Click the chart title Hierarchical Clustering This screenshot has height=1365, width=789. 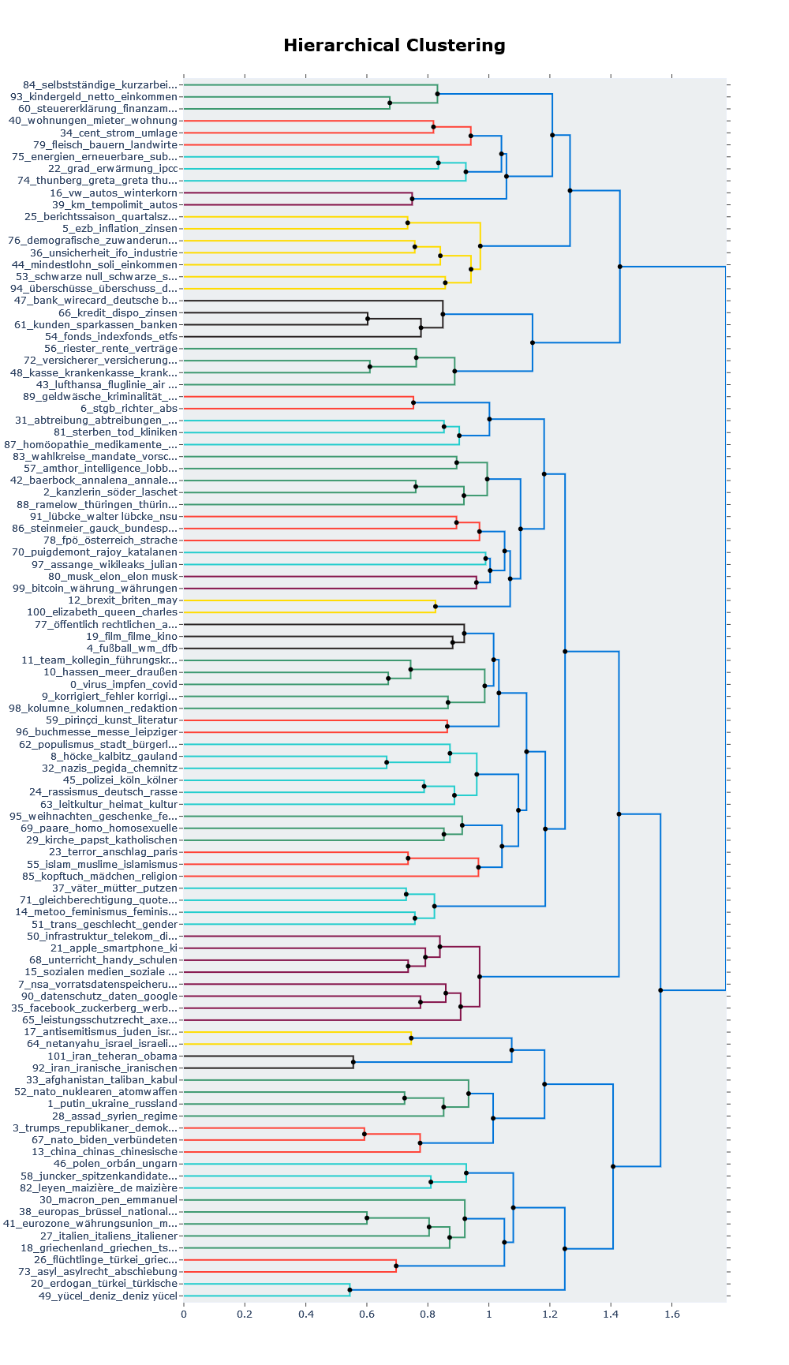pos(394,46)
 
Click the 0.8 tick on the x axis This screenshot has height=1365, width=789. pos(428,1315)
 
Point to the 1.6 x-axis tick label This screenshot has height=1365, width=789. pos(671,1315)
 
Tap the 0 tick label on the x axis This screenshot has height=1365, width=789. pos(184,1315)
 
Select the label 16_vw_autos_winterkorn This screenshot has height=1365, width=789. pos(114,193)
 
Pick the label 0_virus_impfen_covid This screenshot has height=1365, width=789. pos(124,684)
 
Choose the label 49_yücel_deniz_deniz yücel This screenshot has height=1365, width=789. pos(108,1296)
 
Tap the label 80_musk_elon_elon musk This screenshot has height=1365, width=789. pos(113,576)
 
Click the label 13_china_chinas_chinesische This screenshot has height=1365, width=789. pos(104,1152)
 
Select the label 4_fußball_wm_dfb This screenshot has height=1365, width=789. pos(132,649)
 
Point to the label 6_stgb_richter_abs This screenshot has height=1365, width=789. pos(129,409)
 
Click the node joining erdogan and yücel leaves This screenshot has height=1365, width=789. pos(350,1289)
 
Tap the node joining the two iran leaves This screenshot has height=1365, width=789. pos(353,1062)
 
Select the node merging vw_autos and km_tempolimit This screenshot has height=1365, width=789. pos(412,199)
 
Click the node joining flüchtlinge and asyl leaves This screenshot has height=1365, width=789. pos(395,1266)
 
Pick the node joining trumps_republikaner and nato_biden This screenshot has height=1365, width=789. pos(364,1134)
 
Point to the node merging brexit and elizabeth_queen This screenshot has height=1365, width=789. pos(436,606)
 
